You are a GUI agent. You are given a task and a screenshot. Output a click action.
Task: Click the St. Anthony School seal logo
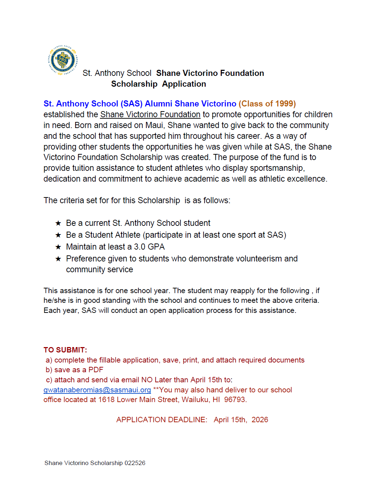[x=63, y=60]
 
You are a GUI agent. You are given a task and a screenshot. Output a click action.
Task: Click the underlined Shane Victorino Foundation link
[x=150, y=114]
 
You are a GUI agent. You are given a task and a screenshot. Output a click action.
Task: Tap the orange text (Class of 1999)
[x=267, y=104]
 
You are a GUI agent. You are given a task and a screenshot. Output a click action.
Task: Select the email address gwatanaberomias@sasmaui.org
[x=97, y=390]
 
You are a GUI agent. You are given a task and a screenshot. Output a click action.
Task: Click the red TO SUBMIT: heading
[x=65, y=350]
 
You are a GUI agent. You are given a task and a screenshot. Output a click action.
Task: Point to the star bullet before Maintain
[x=58, y=247]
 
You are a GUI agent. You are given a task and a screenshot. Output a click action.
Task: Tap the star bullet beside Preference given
[x=58, y=259]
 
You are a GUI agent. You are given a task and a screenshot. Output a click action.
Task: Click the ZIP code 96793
[x=235, y=400]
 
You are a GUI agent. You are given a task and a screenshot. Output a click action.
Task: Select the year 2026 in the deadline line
[x=260, y=420]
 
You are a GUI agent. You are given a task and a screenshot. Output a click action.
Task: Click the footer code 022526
[x=135, y=463]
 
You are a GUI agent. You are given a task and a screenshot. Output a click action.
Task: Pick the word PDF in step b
[x=96, y=370]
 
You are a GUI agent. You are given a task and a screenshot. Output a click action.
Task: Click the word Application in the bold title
[x=184, y=84]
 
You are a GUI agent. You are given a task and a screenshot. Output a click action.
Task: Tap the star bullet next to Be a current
[x=58, y=223]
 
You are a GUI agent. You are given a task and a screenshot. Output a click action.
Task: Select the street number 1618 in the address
[x=106, y=400]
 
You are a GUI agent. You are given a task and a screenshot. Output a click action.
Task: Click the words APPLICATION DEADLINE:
[x=161, y=420]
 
